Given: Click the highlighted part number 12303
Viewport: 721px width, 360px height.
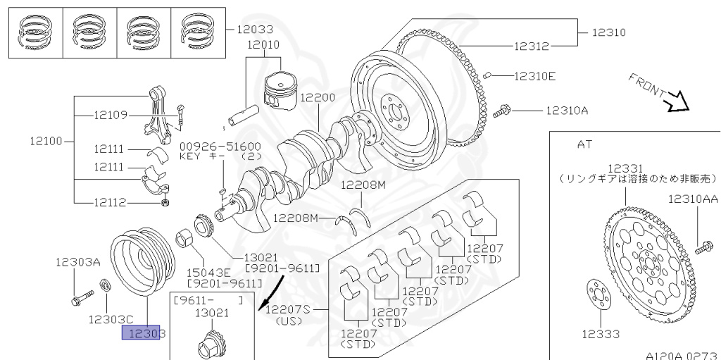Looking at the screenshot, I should [x=144, y=333].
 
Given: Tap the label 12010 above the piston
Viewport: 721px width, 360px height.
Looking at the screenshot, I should [x=263, y=44].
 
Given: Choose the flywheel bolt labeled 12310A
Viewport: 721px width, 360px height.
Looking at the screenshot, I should [x=505, y=110].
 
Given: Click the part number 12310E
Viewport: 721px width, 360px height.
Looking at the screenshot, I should [x=535, y=75].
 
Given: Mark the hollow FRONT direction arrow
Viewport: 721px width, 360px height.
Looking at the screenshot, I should [x=678, y=101].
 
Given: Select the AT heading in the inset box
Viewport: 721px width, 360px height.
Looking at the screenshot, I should [x=584, y=144].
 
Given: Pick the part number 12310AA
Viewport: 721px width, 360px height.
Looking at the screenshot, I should [x=693, y=199].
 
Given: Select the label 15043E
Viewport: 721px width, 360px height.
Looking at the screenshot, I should [x=208, y=271].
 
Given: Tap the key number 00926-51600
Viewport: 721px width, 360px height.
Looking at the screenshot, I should [x=220, y=146].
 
